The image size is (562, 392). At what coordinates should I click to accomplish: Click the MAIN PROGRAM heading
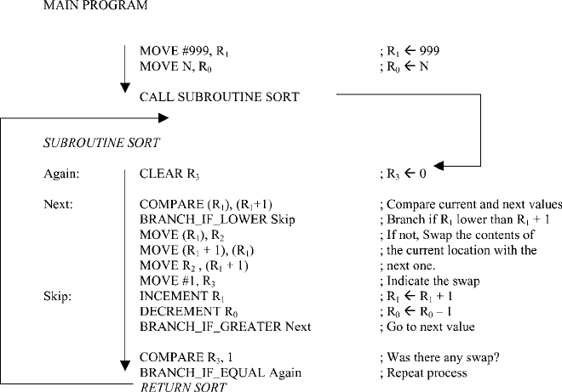point(95,5)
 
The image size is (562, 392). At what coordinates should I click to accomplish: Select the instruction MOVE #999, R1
point(184,51)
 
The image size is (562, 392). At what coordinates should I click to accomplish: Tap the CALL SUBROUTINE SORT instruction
point(220,97)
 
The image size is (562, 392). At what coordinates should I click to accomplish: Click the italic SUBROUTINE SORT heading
point(101,143)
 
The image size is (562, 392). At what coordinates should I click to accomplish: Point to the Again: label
point(61,173)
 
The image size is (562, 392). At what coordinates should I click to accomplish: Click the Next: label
point(58,204)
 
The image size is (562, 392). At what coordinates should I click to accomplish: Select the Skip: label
point(57,296)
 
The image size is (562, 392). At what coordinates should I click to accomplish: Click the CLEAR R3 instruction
point(169,174)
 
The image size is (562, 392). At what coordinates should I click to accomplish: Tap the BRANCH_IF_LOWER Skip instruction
point(217,219)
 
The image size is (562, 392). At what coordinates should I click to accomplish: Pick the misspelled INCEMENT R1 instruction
point(182,297)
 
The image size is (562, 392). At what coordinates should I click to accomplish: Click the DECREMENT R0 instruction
point(188,312)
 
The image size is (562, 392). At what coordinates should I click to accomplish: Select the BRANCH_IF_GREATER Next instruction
point(226,327)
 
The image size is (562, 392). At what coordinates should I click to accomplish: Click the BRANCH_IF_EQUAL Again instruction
point(221,372)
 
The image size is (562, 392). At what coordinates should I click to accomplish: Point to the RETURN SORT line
point(183,387)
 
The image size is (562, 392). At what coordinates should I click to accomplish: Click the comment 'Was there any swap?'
point(439,357)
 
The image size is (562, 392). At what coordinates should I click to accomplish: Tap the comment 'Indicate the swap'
point(430,281)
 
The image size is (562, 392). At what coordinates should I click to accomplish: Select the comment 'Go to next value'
point(427,327)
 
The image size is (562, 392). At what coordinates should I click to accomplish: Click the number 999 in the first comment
point(429,51)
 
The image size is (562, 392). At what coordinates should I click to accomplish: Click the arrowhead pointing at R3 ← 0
point(439,166)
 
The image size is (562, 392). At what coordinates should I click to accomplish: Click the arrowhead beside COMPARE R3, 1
point(124,366)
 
